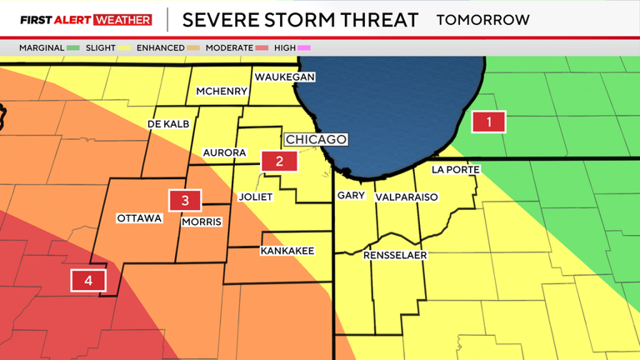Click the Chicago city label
pos(316,139)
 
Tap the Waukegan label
pos(284,77)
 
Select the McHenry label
pos(221,91)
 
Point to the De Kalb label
pos(168,123)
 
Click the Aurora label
pos(225,152)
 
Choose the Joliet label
pos(256,197)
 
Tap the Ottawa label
pos(139,218)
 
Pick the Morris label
pos(202,222)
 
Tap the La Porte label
pos(455,169)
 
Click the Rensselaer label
pos(395,255)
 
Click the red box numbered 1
pos(488,122)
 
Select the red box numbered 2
pos(279,161)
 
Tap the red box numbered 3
pos(185,200)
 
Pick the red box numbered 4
pos(87,281)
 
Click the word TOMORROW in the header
pos(483,19)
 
